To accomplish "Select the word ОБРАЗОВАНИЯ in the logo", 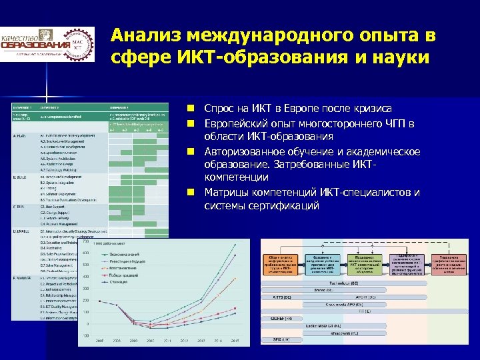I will point(36,45).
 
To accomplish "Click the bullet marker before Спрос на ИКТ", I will point(190,108).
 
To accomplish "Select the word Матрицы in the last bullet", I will point(225,193).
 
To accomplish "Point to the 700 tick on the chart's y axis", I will point(86,241).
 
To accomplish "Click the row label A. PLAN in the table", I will point(21,135).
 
